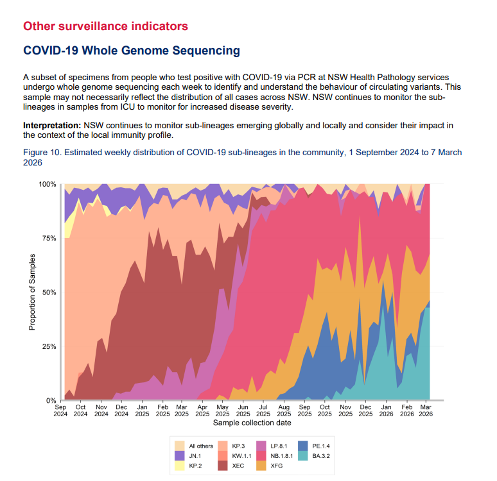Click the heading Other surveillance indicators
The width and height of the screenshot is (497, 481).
(x=105, y=26)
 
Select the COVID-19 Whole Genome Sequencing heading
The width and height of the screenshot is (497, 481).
(x=131, y=51)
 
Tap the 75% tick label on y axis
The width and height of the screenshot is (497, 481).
(x=48, y=238)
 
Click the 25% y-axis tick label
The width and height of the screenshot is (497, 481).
(x=48, y=346)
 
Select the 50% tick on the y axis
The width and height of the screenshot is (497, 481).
(x=48, y=292)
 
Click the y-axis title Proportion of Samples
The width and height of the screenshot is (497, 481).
(x=31, y=292)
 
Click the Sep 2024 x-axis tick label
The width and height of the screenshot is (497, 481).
(x=60, y=410)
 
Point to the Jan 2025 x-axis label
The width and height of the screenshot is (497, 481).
(x=142, y=410)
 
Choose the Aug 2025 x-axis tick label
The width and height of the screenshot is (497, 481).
(x=284, y=410)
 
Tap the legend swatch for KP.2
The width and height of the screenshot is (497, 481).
(x=179, y=467)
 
